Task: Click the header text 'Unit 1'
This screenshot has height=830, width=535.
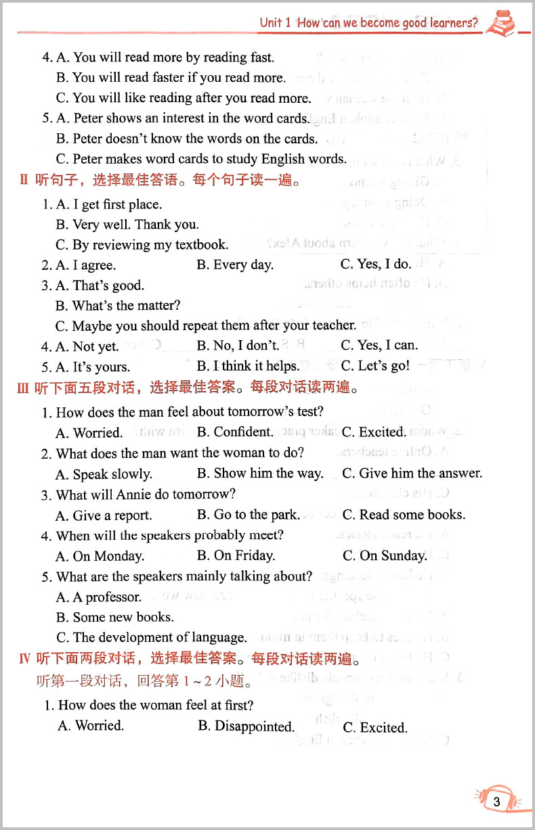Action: (x=275, y=23)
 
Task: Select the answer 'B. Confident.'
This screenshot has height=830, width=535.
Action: (x=235, y=432)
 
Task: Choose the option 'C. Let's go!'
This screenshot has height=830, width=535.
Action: (x=375, y=366)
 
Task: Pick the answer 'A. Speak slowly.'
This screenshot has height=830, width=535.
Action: (x=104, y=474)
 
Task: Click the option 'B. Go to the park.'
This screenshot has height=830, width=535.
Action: (x=248, y=515)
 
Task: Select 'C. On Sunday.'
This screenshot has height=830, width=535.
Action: (x=385, y=556)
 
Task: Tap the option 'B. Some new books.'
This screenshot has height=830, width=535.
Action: (x=114, y=617)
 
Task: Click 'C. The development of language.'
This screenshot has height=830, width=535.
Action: (x=152, y=637)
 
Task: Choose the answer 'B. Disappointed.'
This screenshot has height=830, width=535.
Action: (x=246, y=727)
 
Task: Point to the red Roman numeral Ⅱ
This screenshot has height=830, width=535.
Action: (x=24, y=181)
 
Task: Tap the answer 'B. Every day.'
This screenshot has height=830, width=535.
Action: (x=235, y=265)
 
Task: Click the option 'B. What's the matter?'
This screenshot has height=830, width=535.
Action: (x=118, y=306)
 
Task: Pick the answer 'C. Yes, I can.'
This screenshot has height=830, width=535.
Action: (x=379, y=346)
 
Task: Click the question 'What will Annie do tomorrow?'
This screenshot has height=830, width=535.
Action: (x=145, y=494)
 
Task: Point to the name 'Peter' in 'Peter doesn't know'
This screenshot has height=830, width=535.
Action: (x=88, y=139)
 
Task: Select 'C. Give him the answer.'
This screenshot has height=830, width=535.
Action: (x=412, y=474)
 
